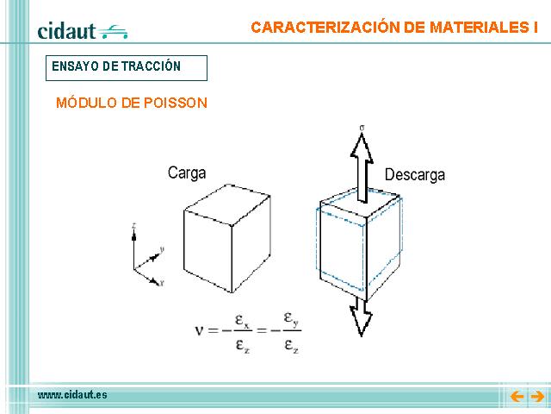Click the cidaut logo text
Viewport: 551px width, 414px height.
tap(66, 31)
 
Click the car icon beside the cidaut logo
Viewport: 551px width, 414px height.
tap(113, 32)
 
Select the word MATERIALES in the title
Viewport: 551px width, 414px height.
tap(477, 28)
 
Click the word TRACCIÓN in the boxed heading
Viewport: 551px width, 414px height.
tap(152, 66)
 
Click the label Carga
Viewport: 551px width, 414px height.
tap(187, 173)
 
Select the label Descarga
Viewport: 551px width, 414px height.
tap(415, 175)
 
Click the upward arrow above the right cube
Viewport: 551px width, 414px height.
tap(362, 168)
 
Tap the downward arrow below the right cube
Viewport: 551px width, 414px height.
tap(361, 317)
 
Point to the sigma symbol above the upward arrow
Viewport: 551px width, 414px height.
tap(362, 128)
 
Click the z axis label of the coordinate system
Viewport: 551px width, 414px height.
tap(134, 225)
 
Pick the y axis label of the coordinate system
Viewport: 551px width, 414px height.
tap(162, 249)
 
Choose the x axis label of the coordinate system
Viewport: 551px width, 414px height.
tap(162, 283)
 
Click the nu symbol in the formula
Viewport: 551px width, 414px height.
tap(199, 330)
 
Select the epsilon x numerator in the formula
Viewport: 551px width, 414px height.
tap(242, 322)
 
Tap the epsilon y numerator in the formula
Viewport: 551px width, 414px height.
tap(291, 319)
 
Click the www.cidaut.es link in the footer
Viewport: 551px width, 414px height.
tap(72, 395)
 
